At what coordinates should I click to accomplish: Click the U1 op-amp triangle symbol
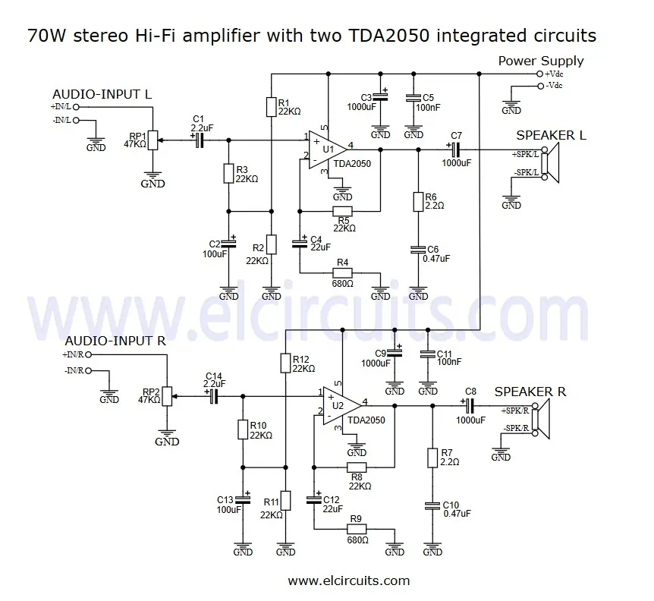[328, 149]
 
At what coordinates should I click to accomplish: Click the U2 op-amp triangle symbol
[341, 405]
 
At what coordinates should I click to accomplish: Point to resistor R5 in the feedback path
[342, 211]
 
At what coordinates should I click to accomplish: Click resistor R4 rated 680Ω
[342, 272]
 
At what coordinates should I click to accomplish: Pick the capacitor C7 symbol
[456, 149]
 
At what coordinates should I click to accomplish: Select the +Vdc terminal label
[561, 74]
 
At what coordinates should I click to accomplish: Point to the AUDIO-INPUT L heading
[102, 94]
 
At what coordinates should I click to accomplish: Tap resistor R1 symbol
[271, 107]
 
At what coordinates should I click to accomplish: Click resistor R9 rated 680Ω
[356, 529]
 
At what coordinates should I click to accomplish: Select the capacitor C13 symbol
[243, 499]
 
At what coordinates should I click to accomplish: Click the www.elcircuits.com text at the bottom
[348, 581]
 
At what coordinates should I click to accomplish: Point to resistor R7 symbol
[432, 458]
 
